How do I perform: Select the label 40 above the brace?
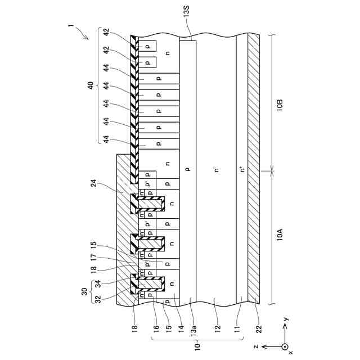89,85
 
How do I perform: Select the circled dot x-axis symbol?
285,346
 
